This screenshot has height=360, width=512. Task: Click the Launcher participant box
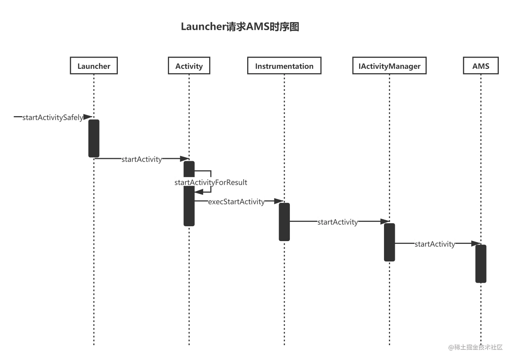click(x=94, y=66)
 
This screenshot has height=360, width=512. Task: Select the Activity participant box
click(x=189, y=66)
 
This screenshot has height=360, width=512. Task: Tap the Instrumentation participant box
click(x=284, y=66)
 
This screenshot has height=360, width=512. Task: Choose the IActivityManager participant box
click(x=389, y=66)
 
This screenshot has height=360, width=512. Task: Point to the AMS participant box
click(x=481, y=66)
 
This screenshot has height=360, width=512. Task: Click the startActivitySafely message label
click(x=52, y=117)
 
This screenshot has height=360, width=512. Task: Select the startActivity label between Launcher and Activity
click(x=142, y=159)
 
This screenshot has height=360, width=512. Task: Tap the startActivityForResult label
click(x=211, y=182)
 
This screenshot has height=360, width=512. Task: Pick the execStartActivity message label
click(x=236, y=202)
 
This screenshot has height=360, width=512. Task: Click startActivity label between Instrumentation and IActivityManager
click(x=337, y=222)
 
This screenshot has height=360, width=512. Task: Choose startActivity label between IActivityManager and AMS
click(x=434, y=244)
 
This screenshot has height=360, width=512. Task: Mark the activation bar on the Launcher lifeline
click(x=94, y=137)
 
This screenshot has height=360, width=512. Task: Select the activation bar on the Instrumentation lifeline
click(x=284, y=222)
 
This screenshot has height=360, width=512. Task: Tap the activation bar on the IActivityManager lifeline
click(x=390, y=242)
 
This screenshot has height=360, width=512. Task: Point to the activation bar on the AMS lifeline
click(x=481, y=264)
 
